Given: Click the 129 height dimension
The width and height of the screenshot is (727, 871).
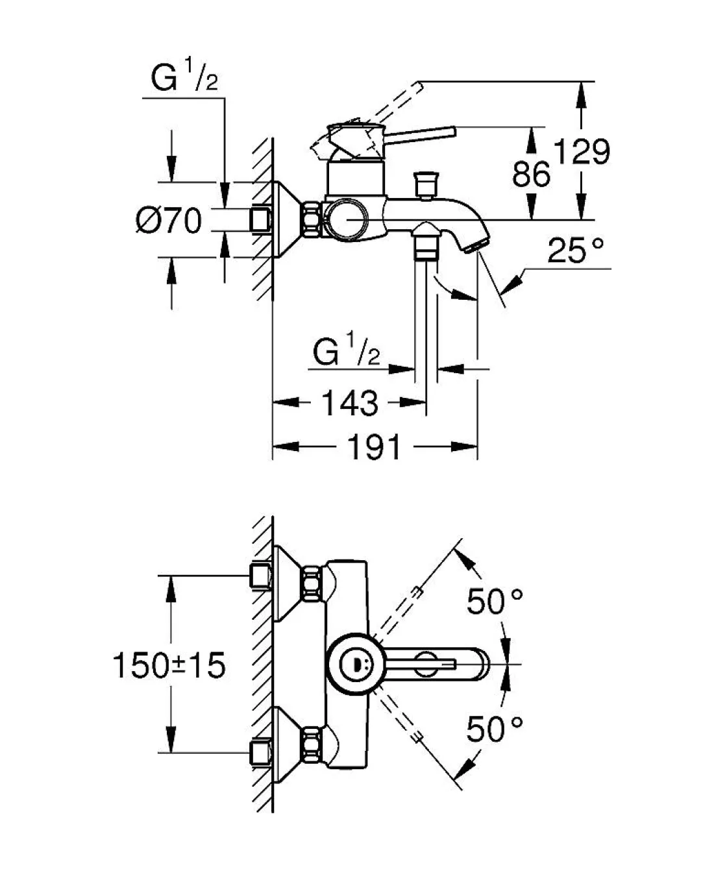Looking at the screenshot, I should coord(582,153).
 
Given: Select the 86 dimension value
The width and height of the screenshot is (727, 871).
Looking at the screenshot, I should coord(531,173).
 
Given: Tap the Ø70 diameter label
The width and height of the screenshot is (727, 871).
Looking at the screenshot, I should coord(169,221).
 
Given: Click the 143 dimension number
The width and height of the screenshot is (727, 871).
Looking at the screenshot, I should coord(349,403).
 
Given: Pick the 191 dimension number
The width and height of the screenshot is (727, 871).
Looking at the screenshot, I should coord(375,447).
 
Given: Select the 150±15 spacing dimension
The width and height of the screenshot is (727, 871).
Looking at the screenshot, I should coord(169,665).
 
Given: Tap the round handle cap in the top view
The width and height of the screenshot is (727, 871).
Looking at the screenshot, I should coord(351,664).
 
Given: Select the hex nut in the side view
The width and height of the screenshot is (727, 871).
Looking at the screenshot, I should coord(311,220).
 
